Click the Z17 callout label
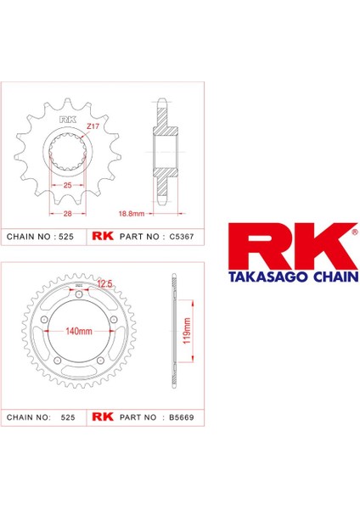click(x=93, y=126)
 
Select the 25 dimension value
click(x=67, y=185)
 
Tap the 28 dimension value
click(x=68, y=214)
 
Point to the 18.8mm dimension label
click(x=132, y=214)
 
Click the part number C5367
click(x=182, y=237)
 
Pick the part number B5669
click(x=182, y=417)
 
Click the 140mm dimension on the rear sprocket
click(x=79, y=331)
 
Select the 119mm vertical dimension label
click(x=187, y=331)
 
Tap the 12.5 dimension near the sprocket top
click(x=104, y=283)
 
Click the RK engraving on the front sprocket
click(x=68, y=120)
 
